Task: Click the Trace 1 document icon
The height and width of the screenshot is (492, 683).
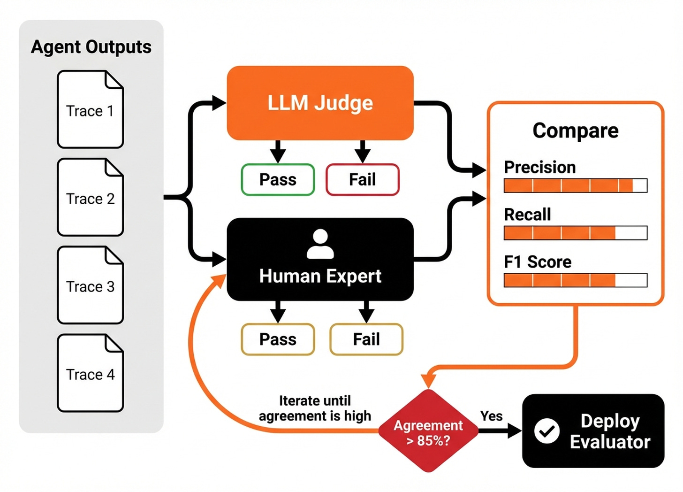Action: tap(90, 109)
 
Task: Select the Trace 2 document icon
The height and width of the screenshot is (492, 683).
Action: tap(90, 197)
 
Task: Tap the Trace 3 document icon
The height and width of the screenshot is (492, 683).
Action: tap(90, 285)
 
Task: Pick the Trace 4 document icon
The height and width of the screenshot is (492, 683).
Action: tap(90, 373)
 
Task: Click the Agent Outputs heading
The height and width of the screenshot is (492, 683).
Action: tap(91, 47)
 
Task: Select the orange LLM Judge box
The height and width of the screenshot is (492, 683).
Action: tap(320, 103)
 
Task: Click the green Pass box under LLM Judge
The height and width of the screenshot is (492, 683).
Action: tap(278, 179)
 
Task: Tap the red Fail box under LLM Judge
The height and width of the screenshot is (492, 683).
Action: tap(363, 179)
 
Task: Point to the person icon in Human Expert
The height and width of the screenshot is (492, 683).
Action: tap(320, 244)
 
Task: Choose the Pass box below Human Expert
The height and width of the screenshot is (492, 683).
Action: tap(278, 339)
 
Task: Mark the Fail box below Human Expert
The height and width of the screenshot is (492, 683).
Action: tap(366, 339)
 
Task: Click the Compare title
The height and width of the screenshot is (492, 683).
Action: tap(575, 131)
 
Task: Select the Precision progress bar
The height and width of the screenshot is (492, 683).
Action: tap(575, 185)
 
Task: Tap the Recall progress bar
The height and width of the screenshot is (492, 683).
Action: tap(575, 233)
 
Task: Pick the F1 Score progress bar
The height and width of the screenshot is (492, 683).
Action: tap(575, 280)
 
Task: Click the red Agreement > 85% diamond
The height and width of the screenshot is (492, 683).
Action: tap(428, 431)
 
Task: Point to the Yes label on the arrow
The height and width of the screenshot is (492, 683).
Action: tap(491, 416)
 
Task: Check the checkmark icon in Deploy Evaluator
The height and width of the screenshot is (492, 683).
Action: tap(547, 431)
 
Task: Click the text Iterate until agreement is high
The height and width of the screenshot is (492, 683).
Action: tap(315, 408)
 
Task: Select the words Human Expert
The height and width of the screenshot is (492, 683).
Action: tap(320, 276)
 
